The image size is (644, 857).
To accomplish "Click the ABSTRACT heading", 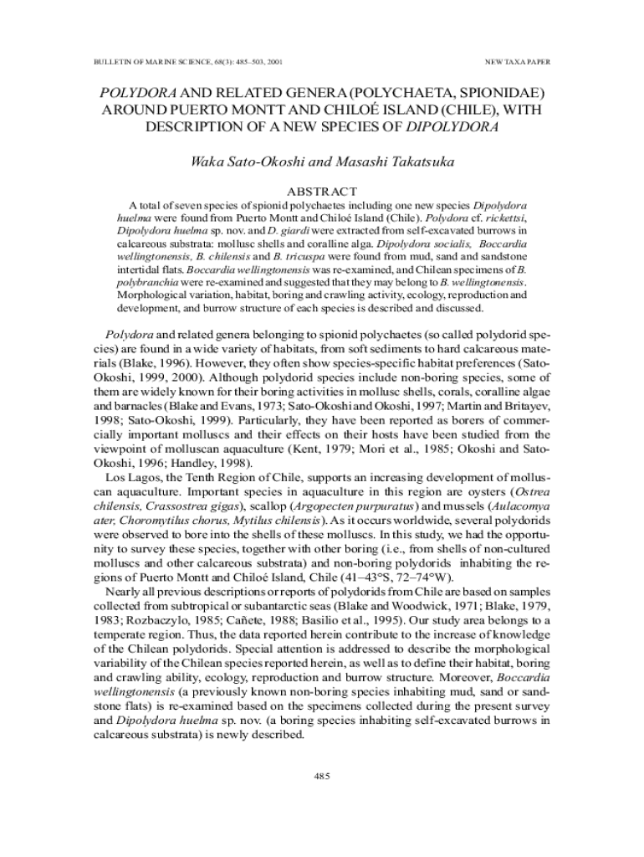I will [x=322, y=192].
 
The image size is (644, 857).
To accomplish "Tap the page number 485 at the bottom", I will [x=322, y=776].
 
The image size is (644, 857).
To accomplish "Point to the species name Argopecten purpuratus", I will [x=368, y=507].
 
